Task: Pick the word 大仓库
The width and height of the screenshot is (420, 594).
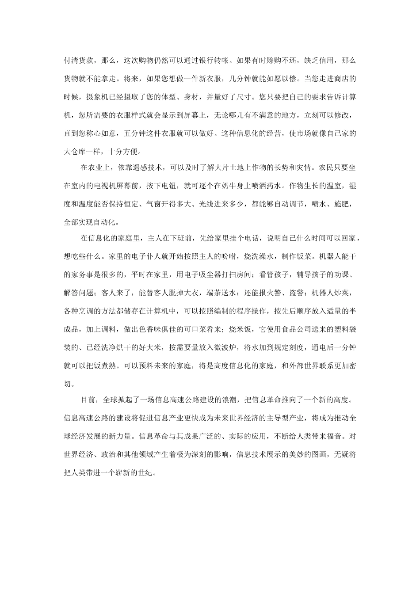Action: pos(76,151)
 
